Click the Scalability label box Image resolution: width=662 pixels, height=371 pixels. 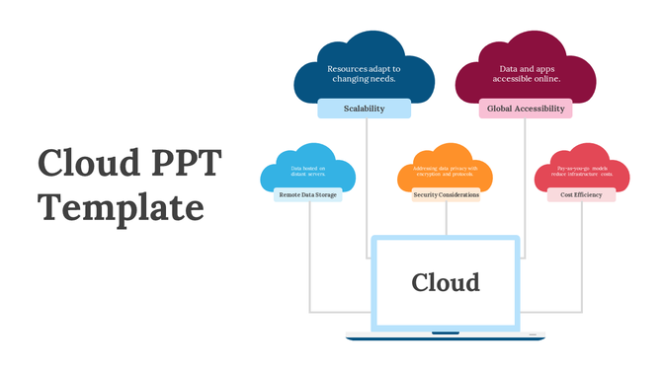[x=365, y=109]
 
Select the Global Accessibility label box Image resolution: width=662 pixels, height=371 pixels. [x=526, y=109]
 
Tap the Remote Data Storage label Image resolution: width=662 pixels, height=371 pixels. [x=308, y=194]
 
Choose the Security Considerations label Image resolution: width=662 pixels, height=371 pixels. [x=446, y=194]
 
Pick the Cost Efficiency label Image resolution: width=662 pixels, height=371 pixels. [x=581, y=194]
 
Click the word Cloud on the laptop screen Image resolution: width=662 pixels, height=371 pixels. [x=446, y=282]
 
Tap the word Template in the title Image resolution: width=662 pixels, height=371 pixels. [x=121, y=208]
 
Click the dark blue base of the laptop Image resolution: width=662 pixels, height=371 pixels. [x=446, y=337]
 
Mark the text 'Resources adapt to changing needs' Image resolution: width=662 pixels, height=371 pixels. [x=365, y=73]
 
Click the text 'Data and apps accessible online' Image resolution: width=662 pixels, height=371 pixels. [x=526, y=73]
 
